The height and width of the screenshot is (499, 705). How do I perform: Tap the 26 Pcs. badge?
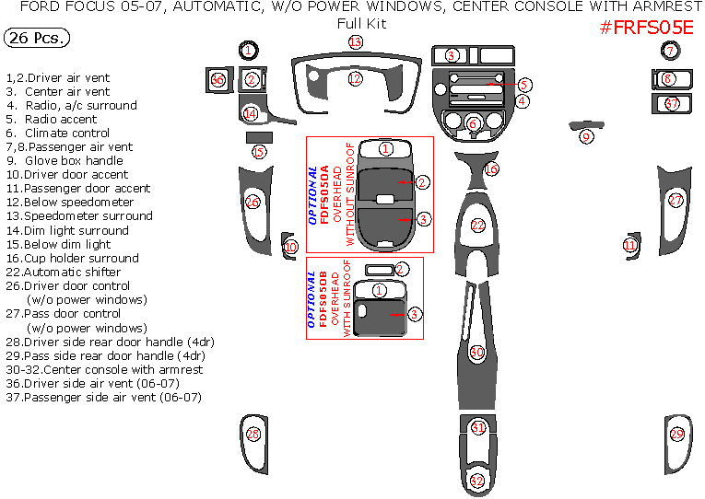pyautogui.click(x=34, y=39)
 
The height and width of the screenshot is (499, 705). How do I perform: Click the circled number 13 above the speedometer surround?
pyautogui.click(x=355, y=43)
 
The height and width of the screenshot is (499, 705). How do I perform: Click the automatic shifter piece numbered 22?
pyautogui.click(x=477, y=225)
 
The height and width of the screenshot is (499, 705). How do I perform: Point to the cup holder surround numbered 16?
pyautogui.click(x=491, y=169)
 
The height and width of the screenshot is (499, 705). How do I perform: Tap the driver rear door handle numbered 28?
pyautogui.click(x=253, y=434)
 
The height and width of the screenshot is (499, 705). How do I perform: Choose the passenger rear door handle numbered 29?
pyautogui.click(x=677, y=434)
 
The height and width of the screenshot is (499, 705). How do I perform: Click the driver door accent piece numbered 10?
pyautogui.click(x=290, y=247)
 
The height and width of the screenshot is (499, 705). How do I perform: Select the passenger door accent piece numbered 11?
pyautogui.click(x=629, y=245)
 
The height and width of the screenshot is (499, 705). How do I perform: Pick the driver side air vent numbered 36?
pyautogui.click(x=217, y=80)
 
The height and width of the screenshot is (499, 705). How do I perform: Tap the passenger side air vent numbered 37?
pyautogui.click(x=672, y=104)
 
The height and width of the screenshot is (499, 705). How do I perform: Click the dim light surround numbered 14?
pyautogui.click(x=251, y=113)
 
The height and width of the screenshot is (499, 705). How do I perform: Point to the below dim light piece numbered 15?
pyautogui.click(x=259, y=151)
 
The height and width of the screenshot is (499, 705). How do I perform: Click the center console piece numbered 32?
pyautogui.click(x=476, y=481)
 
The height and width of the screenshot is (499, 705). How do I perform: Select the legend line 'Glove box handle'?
pyautogui.click(x=64, y=161)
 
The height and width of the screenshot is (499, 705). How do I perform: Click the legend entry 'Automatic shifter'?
pyautogui.click(x=63, y=273)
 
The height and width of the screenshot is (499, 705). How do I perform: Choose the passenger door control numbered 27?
pyautogui.click(x=676, y=200)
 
